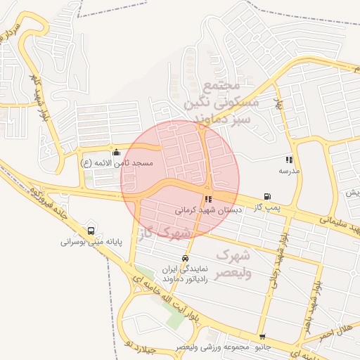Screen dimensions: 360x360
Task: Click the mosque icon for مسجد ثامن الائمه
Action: (x=116, y=152)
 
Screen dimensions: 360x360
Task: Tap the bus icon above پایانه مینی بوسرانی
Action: (x=91, y=231)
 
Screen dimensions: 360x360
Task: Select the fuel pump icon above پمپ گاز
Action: (x=266, y=197)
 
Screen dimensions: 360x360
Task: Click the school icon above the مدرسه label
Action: (x=289, y=160)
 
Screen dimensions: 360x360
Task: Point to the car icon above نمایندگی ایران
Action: (x=185, y=258)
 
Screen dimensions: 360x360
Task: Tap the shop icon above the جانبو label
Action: (x=262, y=337)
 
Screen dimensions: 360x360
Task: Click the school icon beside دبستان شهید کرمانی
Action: (x=208, y=199)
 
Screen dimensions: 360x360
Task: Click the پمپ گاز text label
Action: (x=267, y=207)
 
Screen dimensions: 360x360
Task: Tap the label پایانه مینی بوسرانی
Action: (x=91, y=241)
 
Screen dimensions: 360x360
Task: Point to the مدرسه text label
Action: (x=289, y=170)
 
